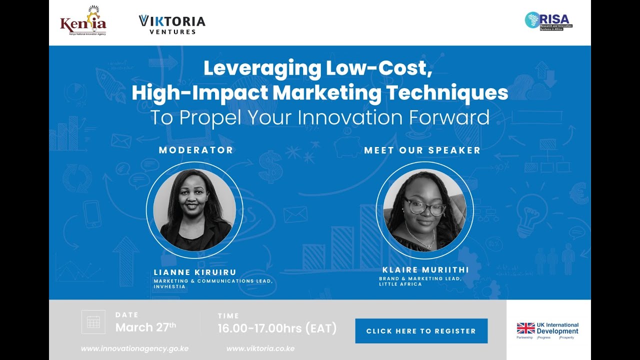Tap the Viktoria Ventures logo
click(x=172, y=24)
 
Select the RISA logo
click(x=548, y=21)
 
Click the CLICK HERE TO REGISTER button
click(x=421, y=331)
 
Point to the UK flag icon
click(x=525, y=328)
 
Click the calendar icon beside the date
click(x=93, y=322)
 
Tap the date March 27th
click(x=145, y=327)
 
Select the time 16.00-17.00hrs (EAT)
click(x=277, y=328)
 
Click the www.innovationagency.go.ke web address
click(x=134, y=348)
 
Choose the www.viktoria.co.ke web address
click(x=260, y=348)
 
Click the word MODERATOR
click(x=196, y=150)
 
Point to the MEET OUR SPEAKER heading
click(x=422, y=150)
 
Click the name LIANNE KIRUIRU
click(x=195, y=272)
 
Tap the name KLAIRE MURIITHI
click(x=425, y=270)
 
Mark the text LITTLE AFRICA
click(x=400, y=284)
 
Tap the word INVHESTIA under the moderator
click(x=169, y=286)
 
